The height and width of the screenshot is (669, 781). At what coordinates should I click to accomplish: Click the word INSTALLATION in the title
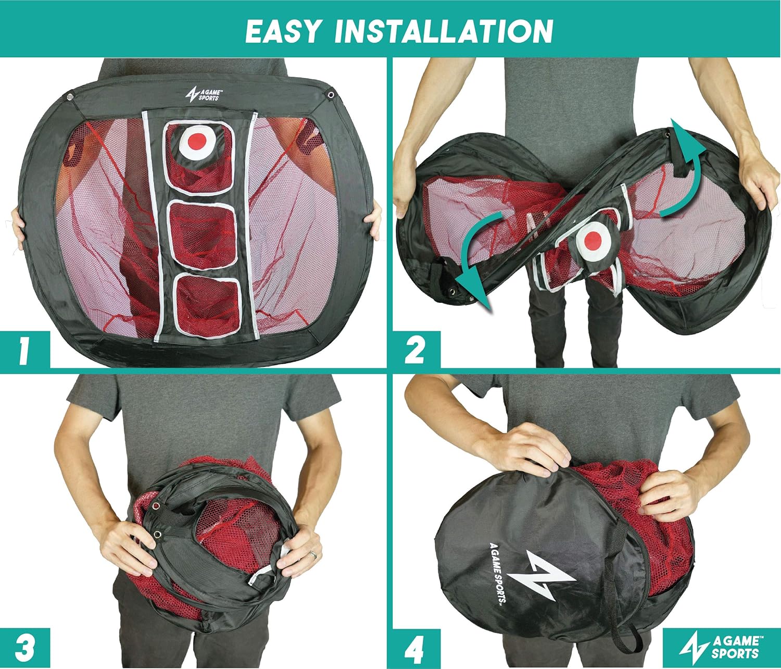click(x=444, y=31)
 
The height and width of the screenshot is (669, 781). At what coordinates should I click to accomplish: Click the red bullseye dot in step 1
click(x=197, y=141)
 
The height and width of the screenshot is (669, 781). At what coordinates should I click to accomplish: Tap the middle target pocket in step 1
click(x=203, y=234)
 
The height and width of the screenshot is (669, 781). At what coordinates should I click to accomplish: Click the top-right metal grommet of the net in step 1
click(x=331, y=94)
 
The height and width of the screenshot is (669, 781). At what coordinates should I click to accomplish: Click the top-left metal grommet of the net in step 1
click(x=70, y=97)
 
